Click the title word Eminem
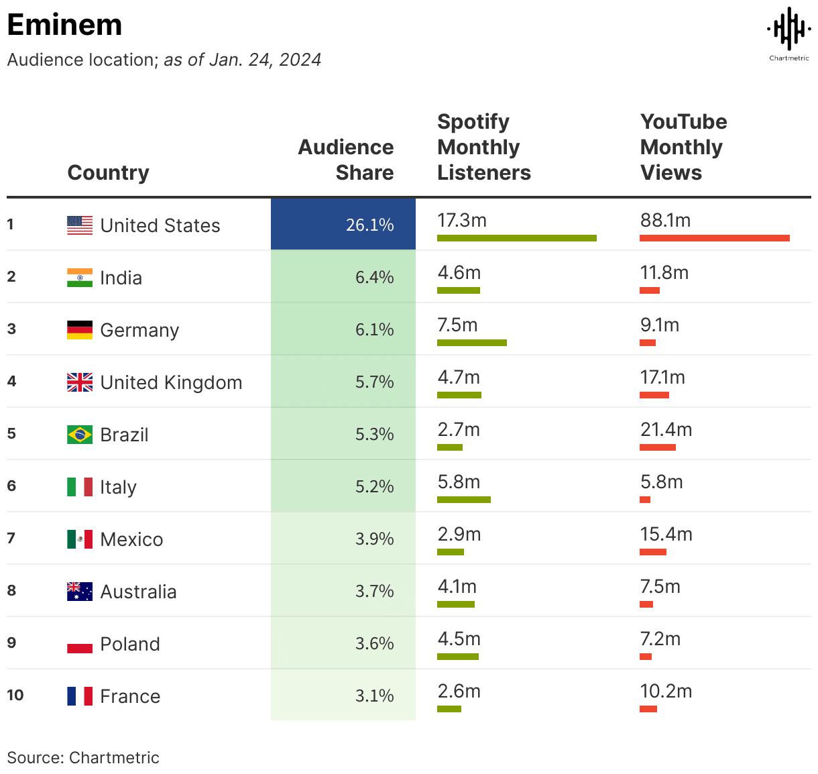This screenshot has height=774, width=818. click(64, 25)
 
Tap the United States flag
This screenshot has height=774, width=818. click(80, 225)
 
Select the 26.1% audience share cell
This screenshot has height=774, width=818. click(343, 224)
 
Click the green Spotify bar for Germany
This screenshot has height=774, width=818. click(472, 343)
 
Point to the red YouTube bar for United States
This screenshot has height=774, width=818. click(715, 238)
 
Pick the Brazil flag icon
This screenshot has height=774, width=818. click(80, 435)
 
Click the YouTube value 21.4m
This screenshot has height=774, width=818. click(666, 429)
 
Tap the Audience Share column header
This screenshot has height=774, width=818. click(346, 160)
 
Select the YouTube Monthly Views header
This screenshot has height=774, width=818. click(683, 147)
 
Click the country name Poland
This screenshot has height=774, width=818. click(130, 644)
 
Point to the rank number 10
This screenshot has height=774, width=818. click(15, 695)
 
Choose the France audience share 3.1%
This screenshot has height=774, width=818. click(374, 696)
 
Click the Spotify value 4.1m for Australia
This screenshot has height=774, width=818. click(457, 586)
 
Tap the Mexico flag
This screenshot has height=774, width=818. click(80, 539)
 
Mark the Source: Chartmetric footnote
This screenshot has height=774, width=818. click(83, 757)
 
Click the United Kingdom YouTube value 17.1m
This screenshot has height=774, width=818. click(662, 377)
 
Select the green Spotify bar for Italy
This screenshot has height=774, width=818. click(464, 500)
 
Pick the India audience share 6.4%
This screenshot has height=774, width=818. click(374, 277)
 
